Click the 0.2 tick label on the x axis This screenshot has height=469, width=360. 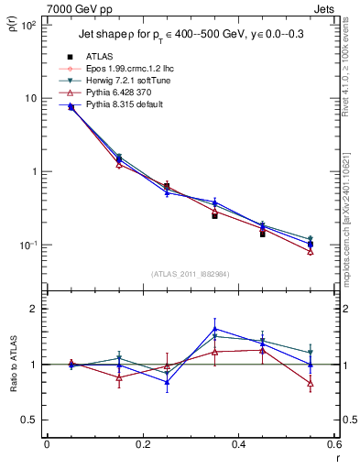pos(142,444)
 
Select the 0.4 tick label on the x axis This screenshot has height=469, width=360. pos(238,444)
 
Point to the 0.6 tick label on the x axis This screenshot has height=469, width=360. pos(333,444)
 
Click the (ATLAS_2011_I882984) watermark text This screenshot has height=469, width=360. pos(191,273)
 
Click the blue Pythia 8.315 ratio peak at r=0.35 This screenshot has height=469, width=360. pos(214,329)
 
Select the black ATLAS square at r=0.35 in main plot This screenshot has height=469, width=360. pos(214,216)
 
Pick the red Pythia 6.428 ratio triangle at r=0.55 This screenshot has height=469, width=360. pos(311,384)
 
